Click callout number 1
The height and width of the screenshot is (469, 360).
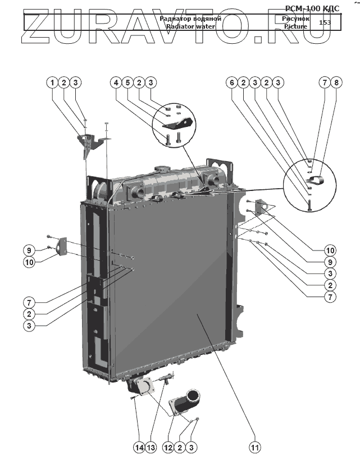(52, 83)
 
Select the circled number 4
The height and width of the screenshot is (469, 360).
(116, 83)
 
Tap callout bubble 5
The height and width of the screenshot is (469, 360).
(127, 83)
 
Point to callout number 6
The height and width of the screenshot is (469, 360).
(231, 83)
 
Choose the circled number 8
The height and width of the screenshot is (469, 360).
(336, 83)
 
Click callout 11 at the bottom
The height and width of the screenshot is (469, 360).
(256, 447)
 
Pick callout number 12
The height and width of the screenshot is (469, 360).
(167, 447)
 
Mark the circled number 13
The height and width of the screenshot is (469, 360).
(151, 447)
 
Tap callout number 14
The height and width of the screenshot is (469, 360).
(138, 447)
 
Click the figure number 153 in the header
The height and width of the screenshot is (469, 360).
(324, 22)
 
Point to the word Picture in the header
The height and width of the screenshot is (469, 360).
(295, 26)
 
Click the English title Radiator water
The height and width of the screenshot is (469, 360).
(190, 26)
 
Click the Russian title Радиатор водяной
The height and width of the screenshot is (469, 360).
(190, 19)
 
